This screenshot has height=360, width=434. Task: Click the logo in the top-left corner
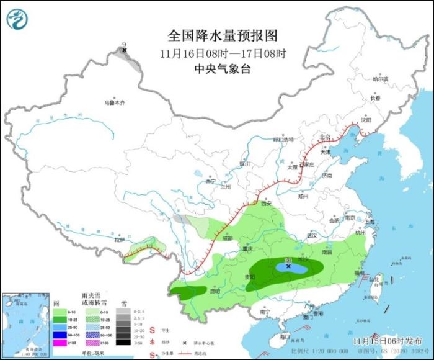click(17, 20)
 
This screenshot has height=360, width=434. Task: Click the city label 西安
click(267, 203)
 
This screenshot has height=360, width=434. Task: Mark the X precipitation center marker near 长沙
click(288, 266)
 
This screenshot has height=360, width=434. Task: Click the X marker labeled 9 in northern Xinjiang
click(125, 50)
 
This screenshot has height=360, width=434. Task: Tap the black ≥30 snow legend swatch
click(125, 342)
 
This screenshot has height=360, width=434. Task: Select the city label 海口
click(285, 336)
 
